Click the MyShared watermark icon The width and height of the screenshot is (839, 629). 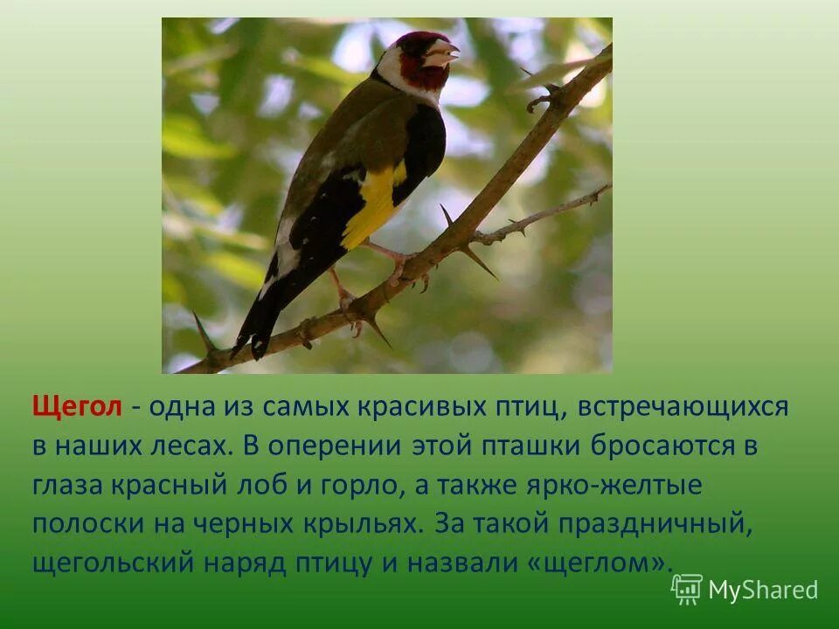tap(687, 590)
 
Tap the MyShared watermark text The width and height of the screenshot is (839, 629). tap(763, 591)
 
